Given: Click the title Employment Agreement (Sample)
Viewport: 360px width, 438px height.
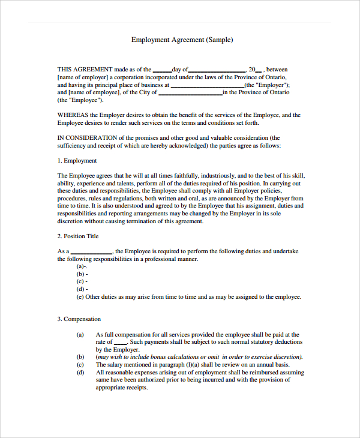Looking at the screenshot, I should tap(182, 40).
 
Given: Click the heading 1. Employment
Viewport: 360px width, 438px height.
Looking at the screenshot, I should tap(77, 161).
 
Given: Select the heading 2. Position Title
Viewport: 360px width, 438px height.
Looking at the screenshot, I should tap(78, 236).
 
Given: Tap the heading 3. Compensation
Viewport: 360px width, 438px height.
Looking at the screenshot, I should tap(79, 319).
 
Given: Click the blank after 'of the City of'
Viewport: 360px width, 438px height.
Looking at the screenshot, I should tap(190, 94).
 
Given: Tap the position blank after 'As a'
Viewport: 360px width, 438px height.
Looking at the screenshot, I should tap(91, 252).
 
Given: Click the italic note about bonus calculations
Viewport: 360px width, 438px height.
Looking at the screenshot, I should tap(199, 357).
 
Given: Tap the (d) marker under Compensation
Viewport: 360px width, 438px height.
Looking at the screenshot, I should tap(80, 373).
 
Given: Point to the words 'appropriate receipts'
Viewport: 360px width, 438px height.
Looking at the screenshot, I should tap(121, 388).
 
